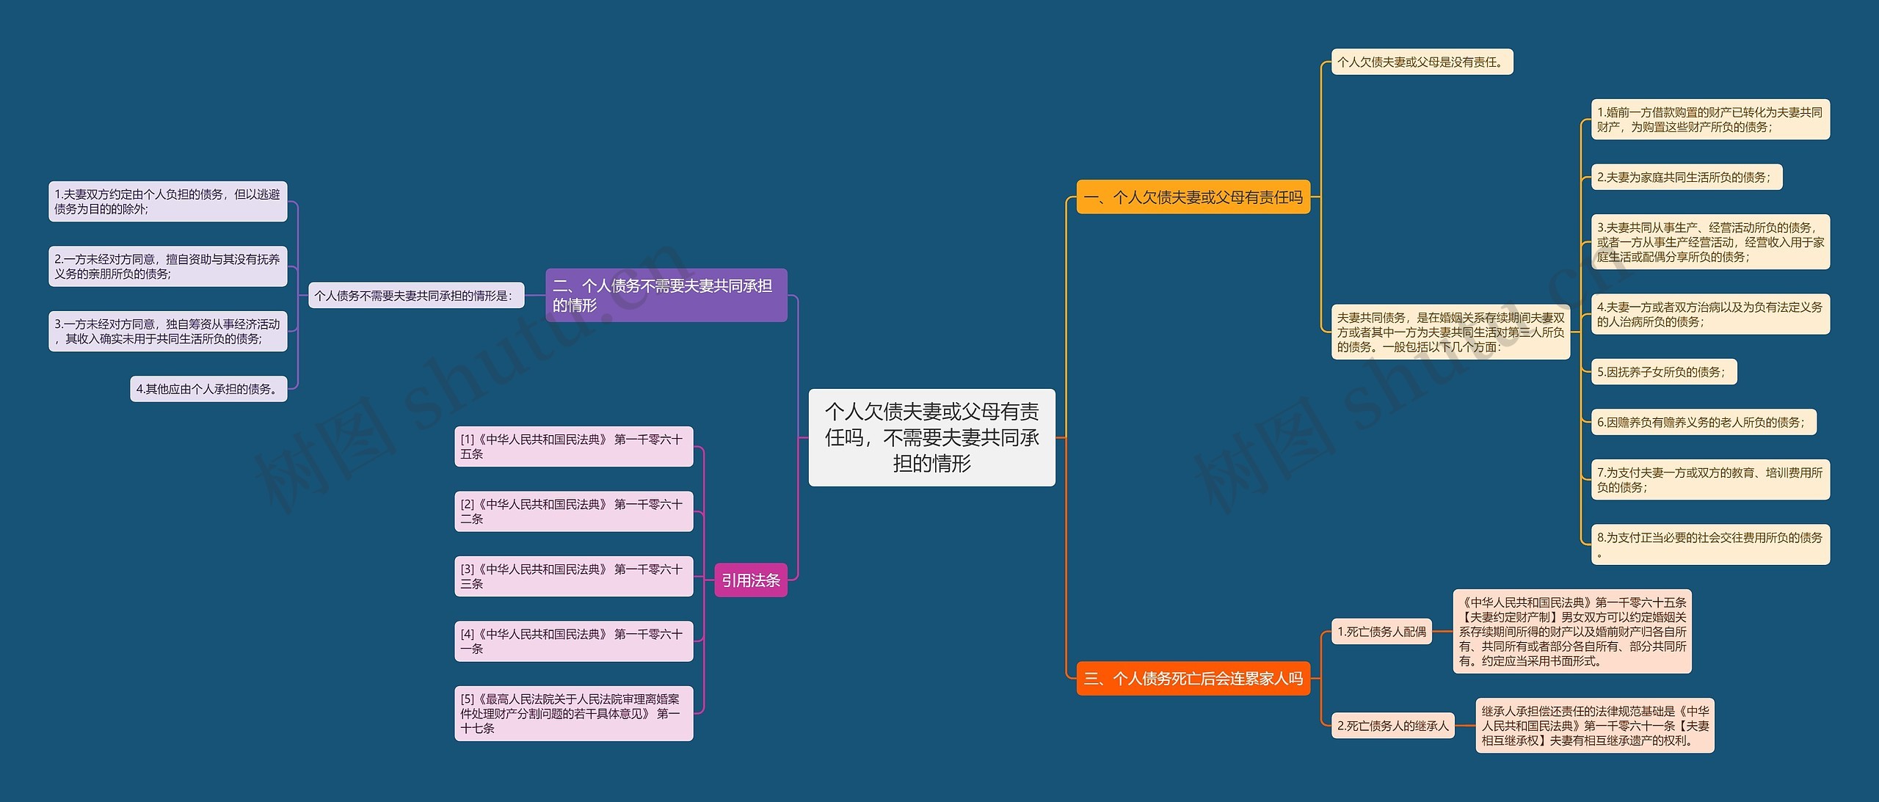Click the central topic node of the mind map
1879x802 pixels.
pyautogui.click(x=931, y=437)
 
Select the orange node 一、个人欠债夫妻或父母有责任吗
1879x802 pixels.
pyautogui.click(x=1193, y=197)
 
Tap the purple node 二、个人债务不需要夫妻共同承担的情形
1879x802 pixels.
pyautogui.click(x=666, y=295)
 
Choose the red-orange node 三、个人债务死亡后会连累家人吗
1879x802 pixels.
pyautogui.click(x=1193, y=679)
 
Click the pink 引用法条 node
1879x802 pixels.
pyautogui.click(x=750, y=580)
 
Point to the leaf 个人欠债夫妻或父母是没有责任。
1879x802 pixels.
pyautogui.click(x=1422, y=62)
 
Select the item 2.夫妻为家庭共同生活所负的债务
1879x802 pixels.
pyautogui.click(x=1686, y=177)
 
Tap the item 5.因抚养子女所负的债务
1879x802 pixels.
pyautogui.click(x=1663, y=372)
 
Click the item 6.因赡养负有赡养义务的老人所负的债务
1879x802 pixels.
pyautogui.click(x=1703, y=422)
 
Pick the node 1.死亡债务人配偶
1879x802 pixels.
pyautogui.click(x=1381, y=632)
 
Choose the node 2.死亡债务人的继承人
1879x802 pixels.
pyautogui.click(x=1392, y=726)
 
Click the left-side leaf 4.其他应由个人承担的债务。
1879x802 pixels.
pyautogui.click(x=208, y=389)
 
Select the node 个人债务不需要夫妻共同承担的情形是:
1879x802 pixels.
pyautogui.click(x=416, y=296)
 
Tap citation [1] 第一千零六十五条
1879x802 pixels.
pyautogui.click(x=573, y=447)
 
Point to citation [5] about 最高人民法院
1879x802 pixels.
pyautogui.click(x=573, y=713)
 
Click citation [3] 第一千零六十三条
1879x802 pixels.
pyautogui.click(x=573, y=577)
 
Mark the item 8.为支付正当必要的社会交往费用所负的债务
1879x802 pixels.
pyautogui.click(x=1709, y=544)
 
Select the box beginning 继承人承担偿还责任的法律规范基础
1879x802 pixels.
pyautogui.click(x=1594, y=726)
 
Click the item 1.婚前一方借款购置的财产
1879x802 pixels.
pyautogui.click(x=1709, y=120)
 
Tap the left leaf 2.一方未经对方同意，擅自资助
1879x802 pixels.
pyautogui.click(x=167, y=266)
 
